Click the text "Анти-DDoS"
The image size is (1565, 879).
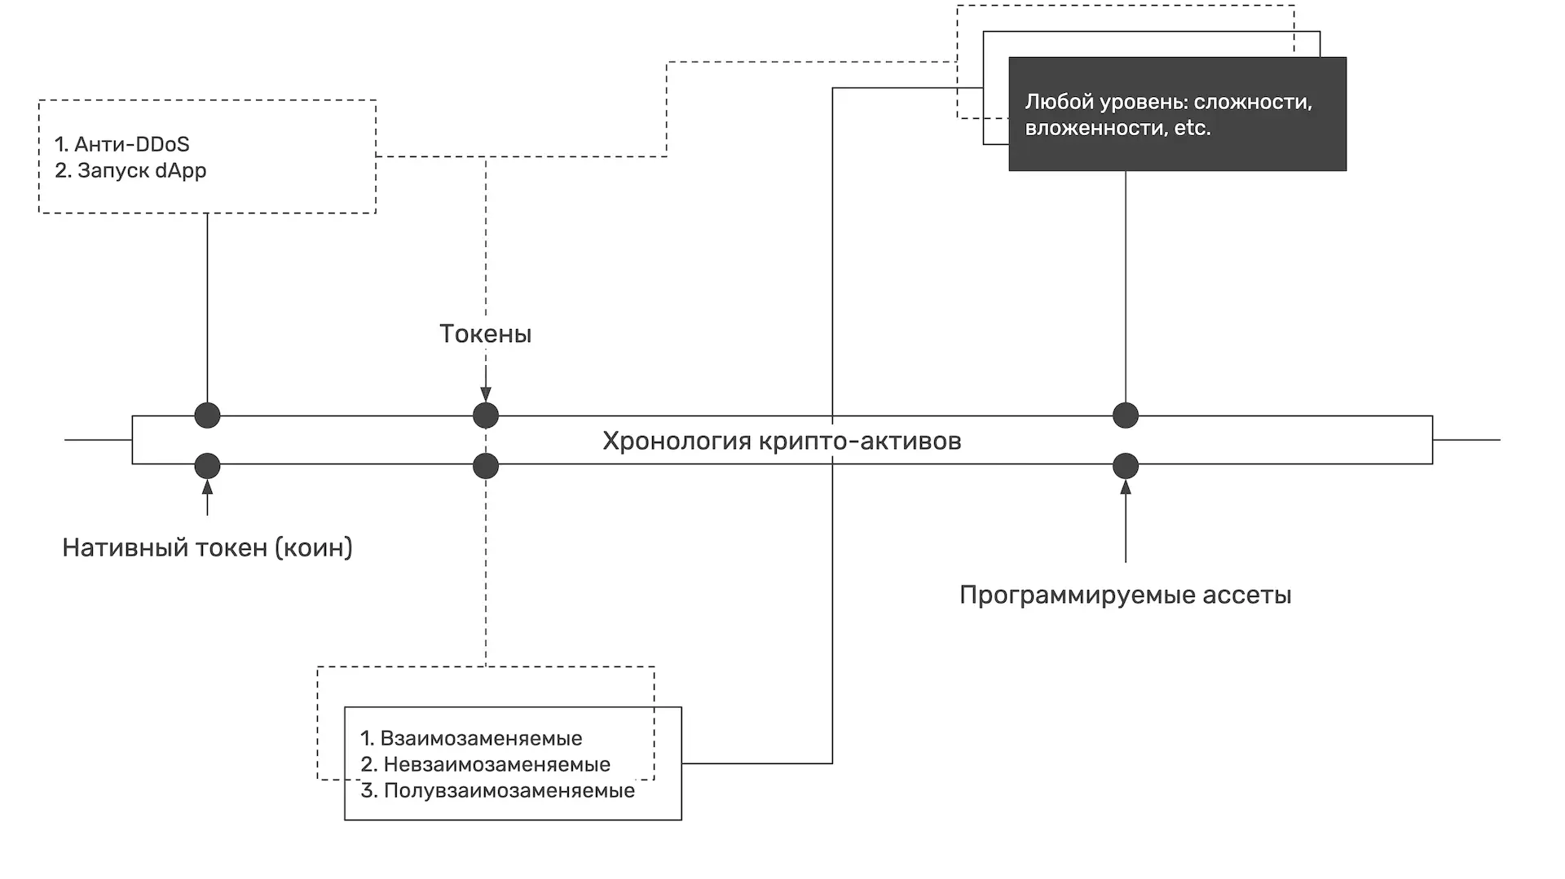(131, 145)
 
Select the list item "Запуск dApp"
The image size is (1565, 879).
(141, 171)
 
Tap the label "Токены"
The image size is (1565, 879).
(485, 334)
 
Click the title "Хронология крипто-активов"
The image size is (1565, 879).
(782, 441)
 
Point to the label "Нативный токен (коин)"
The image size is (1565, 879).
(207, 547)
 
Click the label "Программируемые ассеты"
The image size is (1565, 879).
(1125, 595)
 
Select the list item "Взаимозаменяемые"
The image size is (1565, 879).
(481, 739)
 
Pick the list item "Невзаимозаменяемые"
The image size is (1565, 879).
(496, 765)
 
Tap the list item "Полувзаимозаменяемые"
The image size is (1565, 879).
(509, 791)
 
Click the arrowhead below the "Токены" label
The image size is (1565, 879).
(486, 395)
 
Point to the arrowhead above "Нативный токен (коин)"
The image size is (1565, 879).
(207, 487)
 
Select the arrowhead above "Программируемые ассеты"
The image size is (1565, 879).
(1126, 487)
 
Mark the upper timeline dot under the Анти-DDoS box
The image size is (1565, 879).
(207, 415)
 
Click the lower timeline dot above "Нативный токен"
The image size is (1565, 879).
(207, 466)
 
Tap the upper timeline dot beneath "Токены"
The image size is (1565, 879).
(486, 415)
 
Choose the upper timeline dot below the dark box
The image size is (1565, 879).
(1126, 415)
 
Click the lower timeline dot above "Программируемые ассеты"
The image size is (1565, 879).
(1126, 466)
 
